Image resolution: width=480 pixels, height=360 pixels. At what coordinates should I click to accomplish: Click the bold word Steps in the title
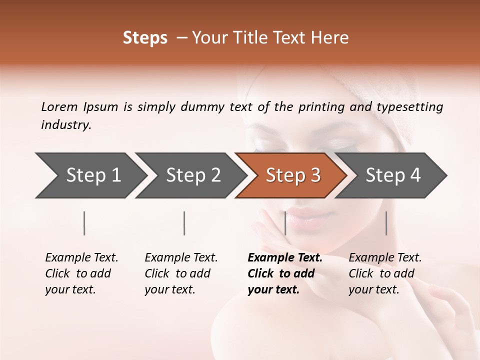(x=145, y=38)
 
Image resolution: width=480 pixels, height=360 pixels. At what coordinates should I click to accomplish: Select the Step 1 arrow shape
(x=90, y=175)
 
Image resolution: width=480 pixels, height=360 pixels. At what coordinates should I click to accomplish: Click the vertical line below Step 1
(x=84, y=223)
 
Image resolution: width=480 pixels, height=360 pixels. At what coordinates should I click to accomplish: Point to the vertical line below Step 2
(x=184, y=223)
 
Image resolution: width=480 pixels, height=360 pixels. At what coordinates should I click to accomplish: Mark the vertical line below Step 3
(x=285, y=223)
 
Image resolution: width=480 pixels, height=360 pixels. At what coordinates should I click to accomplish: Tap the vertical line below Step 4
(x=386, y=223)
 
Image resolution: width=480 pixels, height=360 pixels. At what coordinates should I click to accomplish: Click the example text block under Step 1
(x=81, y=273)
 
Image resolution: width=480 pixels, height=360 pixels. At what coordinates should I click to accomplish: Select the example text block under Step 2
(x=181, y=273)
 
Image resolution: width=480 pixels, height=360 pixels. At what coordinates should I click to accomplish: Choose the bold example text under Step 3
(x=285, y=273)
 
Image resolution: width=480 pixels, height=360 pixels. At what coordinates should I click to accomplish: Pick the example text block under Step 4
(x=385, y=273)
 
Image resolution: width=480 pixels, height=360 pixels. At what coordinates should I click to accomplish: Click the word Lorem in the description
(x=59, y=107)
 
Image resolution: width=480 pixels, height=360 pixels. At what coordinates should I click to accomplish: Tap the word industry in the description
(x=66, y=125)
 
